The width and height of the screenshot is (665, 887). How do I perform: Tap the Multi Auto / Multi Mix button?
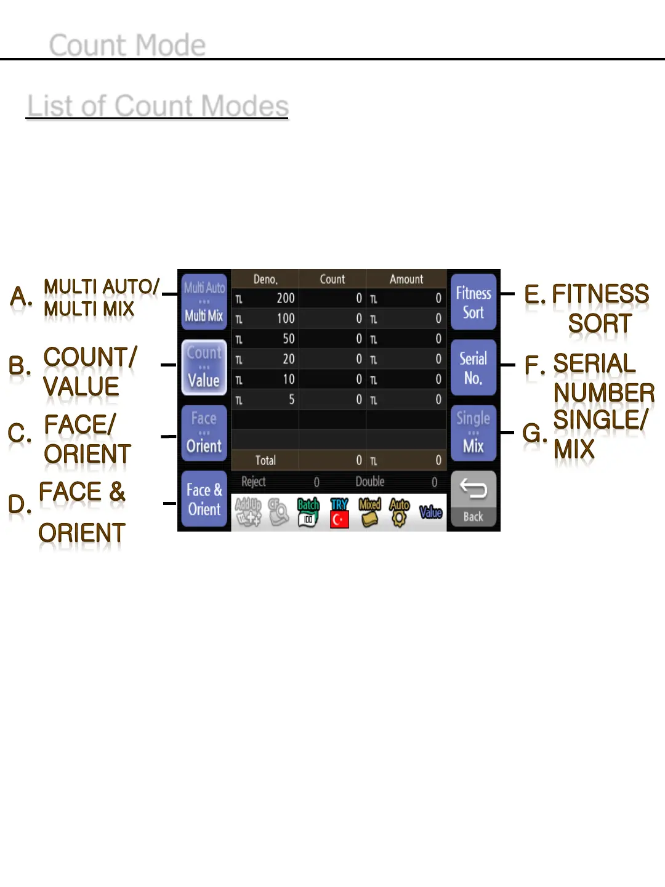click(x=204, y=302)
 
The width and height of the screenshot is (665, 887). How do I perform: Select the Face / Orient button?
click(x=204, y=432)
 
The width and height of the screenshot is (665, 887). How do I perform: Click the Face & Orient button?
click(x=204, y=499)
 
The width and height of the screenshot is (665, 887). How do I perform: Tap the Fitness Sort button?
click(x=473, y=302)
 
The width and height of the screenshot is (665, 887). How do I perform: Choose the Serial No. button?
click(x=473, y=368)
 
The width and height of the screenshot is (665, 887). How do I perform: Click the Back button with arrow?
click(x=473, y=499)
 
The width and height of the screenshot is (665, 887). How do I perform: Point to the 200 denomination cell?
click(x=285, y=299)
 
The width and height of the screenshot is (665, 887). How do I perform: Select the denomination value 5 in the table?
click(x=291, y=400)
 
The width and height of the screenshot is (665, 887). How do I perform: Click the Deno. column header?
click(x=265, y=279)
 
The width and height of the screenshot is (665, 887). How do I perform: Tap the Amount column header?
click(x=406, y=279)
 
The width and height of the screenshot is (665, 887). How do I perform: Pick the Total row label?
click(x=265, y=460)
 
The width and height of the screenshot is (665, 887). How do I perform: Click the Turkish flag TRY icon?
click(x=339, y=512)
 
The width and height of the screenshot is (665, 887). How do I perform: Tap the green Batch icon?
click(x=308, y=512)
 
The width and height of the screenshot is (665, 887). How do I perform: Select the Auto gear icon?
click(x=400, y=512)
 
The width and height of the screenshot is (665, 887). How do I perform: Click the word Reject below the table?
click(x=254, y=482)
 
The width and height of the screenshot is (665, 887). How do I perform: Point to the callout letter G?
click(x=533, y=433)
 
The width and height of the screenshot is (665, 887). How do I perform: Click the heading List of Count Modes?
click(x=158, y=106)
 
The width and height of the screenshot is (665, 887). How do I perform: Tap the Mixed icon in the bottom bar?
click(x=369, y=512)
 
